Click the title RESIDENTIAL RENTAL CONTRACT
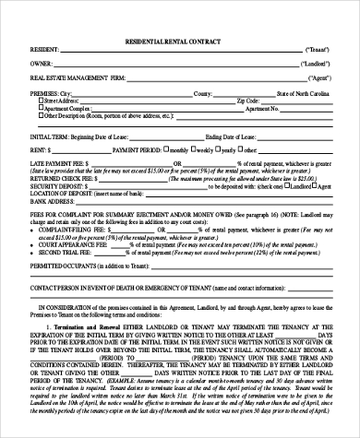[180, 43]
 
